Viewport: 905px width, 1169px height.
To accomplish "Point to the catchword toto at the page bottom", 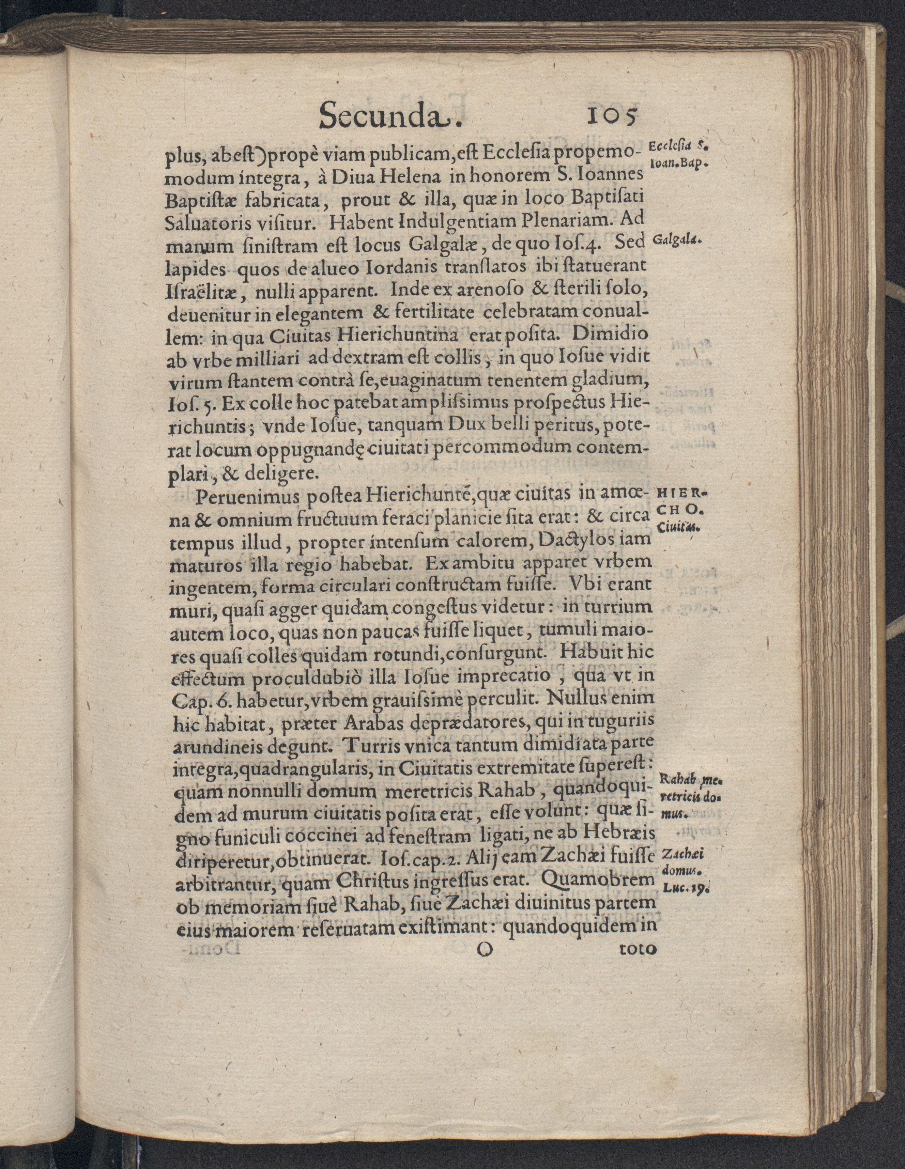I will point(637,949).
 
